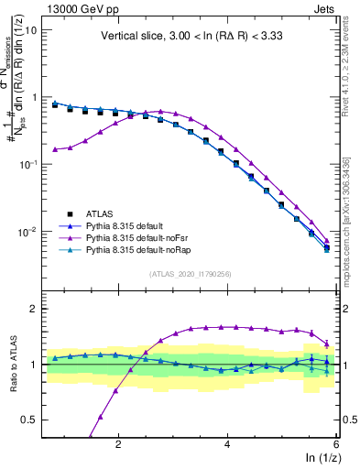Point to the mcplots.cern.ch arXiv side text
tap(351, 220)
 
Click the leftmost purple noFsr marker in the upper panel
tap(55, 149)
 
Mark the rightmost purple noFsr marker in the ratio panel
tap(327, 344)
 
